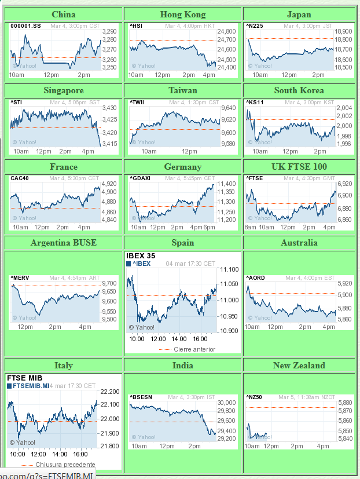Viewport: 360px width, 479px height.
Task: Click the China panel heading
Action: pyautogui.click(x=63, y=14)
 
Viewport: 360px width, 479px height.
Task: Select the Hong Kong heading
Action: pyautogui.click(x=183, y=14)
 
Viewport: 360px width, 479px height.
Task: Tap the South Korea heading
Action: pyautogui.click(x=299, y=90)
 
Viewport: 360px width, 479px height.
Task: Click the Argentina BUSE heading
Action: pyautogui.click(x=64, y=243)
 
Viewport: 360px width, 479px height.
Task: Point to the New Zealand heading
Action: pyautogui.click(x=299, y=365)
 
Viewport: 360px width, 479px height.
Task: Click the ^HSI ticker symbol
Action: pyautogui.click(x=135, y=26)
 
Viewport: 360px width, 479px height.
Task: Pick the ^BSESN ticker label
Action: pyautogui.click(x=141, y=397)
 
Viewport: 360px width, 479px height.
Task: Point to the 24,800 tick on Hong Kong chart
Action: pyautogui.click(x=227, y=32)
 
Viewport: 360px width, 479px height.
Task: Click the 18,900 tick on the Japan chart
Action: pyautogui.click(x=345, y=31)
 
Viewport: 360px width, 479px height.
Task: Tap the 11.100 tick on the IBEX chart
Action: pyautogui.click(x=229, y=270)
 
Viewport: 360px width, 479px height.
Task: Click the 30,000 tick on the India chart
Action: pyautogui.click(x=227, y=403)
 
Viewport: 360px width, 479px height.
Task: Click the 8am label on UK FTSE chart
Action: pyautogui.click(x=251, y=228)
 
